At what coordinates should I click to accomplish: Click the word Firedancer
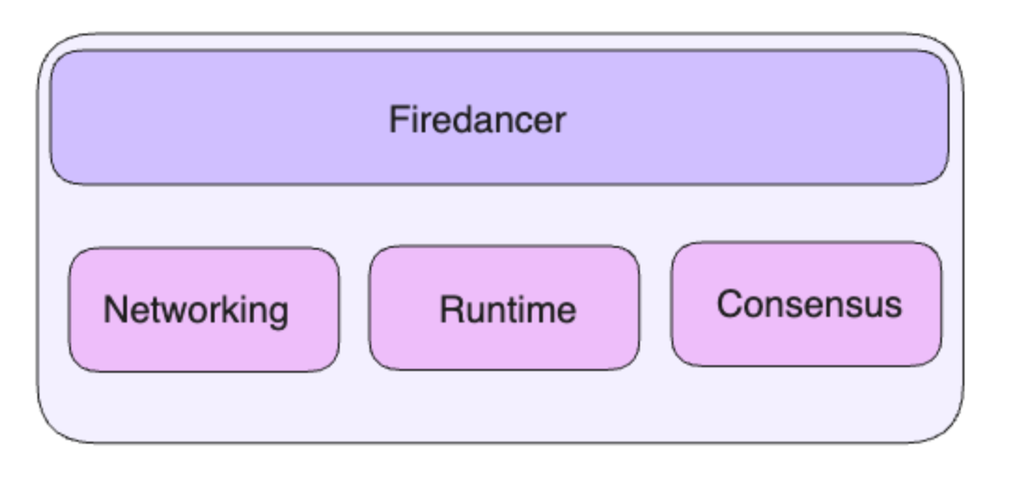[x=477, y=120]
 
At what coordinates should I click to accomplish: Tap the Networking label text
[x=196, y=311]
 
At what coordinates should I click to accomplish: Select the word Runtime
[x=507, y=310]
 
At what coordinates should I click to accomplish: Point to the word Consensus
[x=809, y=304]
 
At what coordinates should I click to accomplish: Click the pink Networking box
[x=204, y=310]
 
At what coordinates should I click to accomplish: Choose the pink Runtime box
[x=504, y=308]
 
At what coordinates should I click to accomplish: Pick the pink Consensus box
[x=807, y=304]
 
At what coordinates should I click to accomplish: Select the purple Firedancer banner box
[x=499, y=117]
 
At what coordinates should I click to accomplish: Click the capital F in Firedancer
[x=398, y=120]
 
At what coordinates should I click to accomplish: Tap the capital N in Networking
[x=115, y=310]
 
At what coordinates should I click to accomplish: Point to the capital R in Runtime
[x=451, y=310]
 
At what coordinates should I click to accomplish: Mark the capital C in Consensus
[x=730, y=304]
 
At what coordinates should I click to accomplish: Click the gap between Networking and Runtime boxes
[x=354, y=308]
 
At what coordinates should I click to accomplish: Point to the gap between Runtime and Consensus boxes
[x=655, y=306]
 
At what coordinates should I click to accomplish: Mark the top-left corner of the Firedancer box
[x=51, y=51]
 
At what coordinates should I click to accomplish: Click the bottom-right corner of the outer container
[x=961, y=442]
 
